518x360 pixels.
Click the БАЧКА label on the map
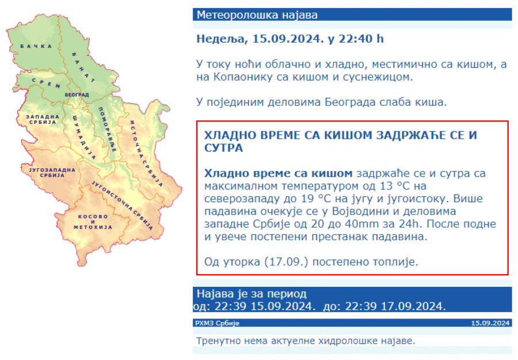click(36, 46)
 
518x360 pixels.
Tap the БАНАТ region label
click(83, 67)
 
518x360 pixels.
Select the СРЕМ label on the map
click(46, 83)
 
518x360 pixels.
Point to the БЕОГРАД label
click(77, 95)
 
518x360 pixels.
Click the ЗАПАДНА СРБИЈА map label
click(43, 119)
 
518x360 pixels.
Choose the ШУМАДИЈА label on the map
click(84, 137)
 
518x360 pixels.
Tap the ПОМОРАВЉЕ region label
click(108, 129)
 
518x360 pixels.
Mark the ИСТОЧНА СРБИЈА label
click(146, 153)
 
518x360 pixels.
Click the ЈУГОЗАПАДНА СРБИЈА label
click(52, 173)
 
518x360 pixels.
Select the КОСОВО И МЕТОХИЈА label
click(93, 222)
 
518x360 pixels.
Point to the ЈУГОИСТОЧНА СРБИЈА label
click(122, 205)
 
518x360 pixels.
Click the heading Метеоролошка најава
click(257, 15)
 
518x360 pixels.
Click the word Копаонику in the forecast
click(243, 77)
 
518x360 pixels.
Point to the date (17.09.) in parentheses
click(286, 262)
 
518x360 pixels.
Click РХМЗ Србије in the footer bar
click(217, 323)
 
